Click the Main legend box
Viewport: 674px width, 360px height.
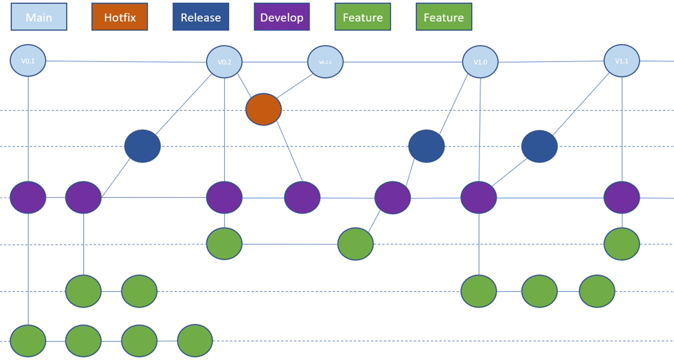point(39,17)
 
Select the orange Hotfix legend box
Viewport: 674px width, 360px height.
point(119,17)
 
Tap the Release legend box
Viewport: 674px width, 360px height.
point(200,17)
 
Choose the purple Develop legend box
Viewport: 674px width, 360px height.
point(282,17)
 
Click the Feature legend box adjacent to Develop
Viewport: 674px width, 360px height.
point(362,17)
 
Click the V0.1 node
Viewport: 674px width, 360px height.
point(28,60)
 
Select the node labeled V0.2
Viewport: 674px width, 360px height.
point(224,62)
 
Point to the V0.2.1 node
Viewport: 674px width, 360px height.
point(325,62)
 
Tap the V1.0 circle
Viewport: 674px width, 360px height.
point(480,62)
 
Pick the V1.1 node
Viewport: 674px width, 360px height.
point(622,60)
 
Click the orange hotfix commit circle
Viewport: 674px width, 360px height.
point(264,109)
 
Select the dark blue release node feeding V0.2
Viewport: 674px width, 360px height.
point(142,146)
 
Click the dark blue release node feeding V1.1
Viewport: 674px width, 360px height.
point(539,146)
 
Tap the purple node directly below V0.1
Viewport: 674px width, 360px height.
point(28,197)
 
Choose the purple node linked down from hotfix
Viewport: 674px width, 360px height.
point(302,197)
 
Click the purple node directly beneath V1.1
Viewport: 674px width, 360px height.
point(622,197)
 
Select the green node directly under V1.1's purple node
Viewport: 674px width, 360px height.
point(622,244)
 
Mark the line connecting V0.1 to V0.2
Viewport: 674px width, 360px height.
point(127,62)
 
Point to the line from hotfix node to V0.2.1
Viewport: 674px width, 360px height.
point(295,86)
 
